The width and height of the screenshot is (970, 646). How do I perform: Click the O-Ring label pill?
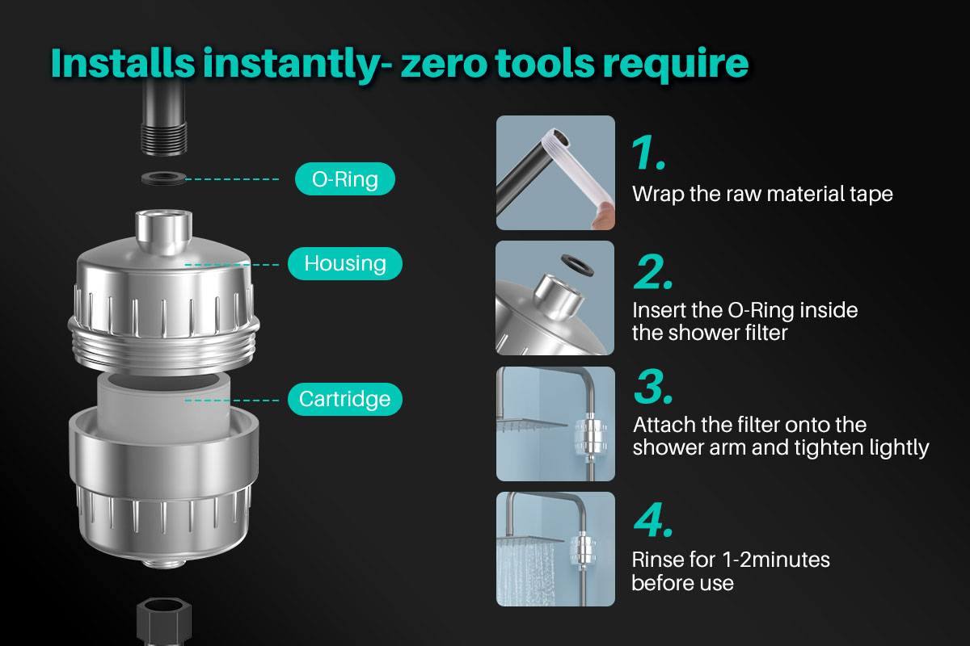pos(345,178)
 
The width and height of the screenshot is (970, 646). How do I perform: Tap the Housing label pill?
pos(345,263)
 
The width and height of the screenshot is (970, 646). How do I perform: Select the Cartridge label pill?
pos(345,399)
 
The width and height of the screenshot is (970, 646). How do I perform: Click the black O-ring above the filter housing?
pos(163,178)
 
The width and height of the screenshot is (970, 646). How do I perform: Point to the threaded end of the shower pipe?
pos(164,138)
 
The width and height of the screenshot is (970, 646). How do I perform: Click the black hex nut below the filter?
pos(163,621)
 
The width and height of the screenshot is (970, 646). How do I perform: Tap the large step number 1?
pos(648,153)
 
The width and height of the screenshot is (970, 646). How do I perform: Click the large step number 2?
pos(653,271)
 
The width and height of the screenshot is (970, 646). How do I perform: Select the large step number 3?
pos(653,386)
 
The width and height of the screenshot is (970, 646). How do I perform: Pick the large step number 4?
pos(653,519)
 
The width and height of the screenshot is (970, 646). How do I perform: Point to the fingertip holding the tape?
pos(603,216)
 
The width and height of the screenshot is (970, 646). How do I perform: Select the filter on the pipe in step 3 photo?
pos(591,436)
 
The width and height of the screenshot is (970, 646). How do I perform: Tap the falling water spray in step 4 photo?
pos(525,573)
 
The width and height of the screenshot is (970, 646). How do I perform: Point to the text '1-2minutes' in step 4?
pos(776,560)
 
